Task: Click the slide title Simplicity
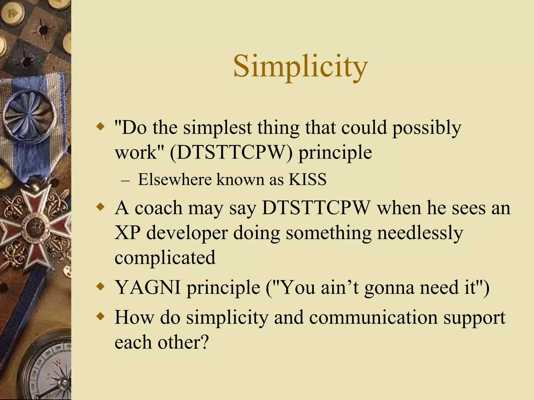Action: (300, 66)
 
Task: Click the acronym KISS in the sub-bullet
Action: (307, 179)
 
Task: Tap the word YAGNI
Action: (148, 287)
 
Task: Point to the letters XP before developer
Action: (127, 233)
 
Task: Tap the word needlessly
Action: (420, 233)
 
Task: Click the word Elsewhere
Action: (174, 179)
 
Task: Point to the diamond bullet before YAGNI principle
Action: (100, 287)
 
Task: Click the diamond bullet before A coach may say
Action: (100, 208)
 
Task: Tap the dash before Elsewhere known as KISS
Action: (125, 180)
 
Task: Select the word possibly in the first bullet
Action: (427, 128)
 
